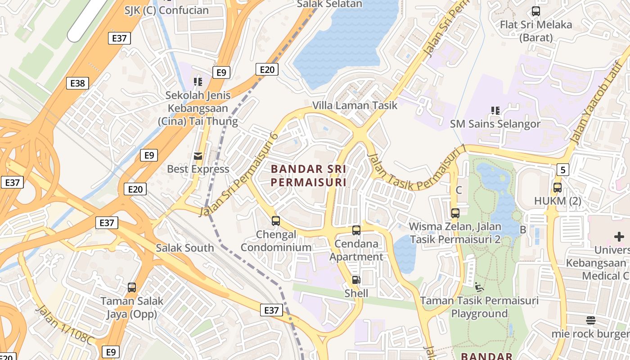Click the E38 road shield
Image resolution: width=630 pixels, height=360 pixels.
coord(77,83)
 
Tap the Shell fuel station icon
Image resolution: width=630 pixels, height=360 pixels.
coord(356,280)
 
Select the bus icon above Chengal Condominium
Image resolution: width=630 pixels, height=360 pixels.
coord(276,221)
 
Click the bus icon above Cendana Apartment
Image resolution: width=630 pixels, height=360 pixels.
coord(356,230)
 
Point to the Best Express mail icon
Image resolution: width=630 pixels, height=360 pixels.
coord(198,156)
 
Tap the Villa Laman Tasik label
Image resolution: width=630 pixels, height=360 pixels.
coord(355,106)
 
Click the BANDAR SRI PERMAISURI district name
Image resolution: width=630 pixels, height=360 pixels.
coord(309,175)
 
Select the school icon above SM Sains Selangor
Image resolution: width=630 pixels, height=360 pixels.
coord(495,111)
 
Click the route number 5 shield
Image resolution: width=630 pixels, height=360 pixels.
coord(562,170)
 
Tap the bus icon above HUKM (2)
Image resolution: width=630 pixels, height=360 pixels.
coord(558,188)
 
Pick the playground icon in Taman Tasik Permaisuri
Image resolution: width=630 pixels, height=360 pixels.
coord(479,287)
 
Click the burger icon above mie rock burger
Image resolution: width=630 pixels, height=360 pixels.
coord(591,320)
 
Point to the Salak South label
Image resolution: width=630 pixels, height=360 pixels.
coord(184,248)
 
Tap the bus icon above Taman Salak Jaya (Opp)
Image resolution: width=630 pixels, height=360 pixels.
coord(132,287)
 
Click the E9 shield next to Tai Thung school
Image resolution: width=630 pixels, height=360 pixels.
coord(221,72)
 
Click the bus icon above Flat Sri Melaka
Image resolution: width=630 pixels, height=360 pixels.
coord(535,11)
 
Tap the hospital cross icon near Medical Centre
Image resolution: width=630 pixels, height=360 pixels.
coord(619,237)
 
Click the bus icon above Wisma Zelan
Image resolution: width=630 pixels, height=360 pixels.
coord(455,213)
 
